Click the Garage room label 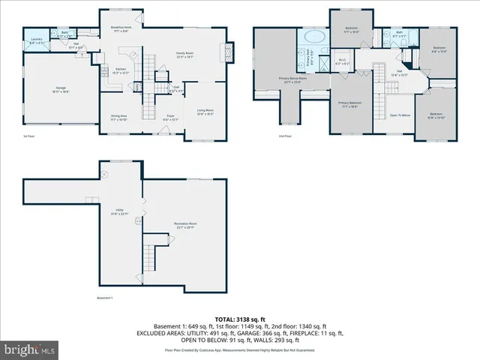[61, 88]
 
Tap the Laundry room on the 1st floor [37, 41]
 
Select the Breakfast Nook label [121, 29]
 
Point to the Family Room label [184, 53]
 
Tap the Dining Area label [118, 116]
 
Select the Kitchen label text [121, 68]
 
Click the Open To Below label [399, 115]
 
